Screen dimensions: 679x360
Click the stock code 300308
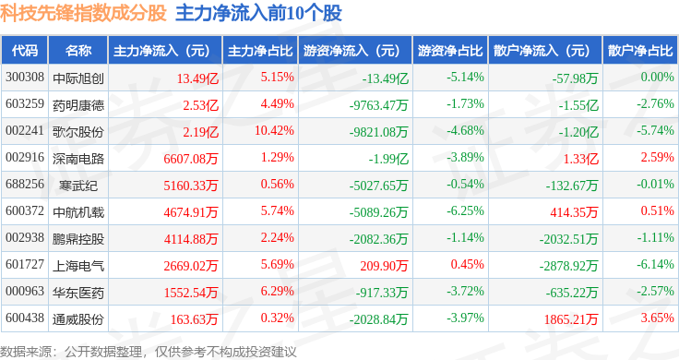pyautogui.click(x=25, y=78)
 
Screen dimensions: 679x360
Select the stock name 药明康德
pyautogui.click(x=78, y=105)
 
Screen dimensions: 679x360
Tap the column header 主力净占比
pyautogui.click(x=260, y=51)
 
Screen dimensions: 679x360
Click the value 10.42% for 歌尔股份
pyautogui.click(x=274, y=130)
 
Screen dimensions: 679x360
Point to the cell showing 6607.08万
pyautogui.click(x=191, y=159)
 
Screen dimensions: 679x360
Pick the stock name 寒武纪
pyautogui.click(x=78, y=186)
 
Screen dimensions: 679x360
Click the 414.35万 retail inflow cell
pyautogui.click(x=574, y=212)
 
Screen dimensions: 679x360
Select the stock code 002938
pyautogui.click(x=25, y=237)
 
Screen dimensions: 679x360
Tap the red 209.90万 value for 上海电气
pyautogui.click(x=384, y=266)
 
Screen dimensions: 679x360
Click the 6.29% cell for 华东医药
pyautogui.click(x=277, y=291)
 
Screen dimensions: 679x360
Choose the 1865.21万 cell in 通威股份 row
pyautogui.click(x=571, y=319)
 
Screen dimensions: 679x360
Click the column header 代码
pyautogui.click(x=25, y=51)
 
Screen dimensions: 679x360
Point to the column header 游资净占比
pyautogui.click(x=450, y=51)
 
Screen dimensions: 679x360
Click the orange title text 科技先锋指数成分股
pyautogui.click(x=83, y=13)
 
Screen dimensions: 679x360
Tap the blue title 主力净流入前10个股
pyautogui.click(x=258, y=13)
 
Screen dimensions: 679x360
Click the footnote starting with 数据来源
pyautogui.click(x=149, y=352)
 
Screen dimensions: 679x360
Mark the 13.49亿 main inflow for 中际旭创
pyautogui.click(x=197, y=78)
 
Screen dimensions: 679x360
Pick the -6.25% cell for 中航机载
pyautogui.click(x=465, y=210)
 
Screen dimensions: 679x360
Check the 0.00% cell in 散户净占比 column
pyautogui.click(x=658, y=78)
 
